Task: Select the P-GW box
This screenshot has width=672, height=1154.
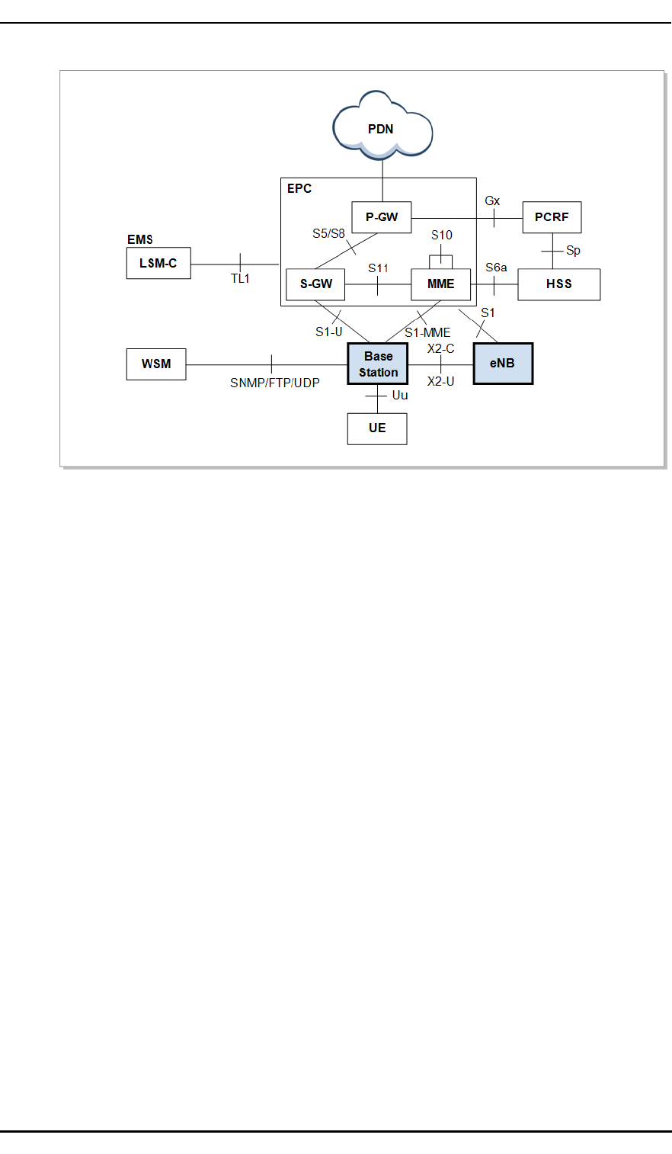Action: [382, 217]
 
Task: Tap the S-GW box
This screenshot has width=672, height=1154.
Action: [315, 284]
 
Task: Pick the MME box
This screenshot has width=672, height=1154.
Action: [440, 284]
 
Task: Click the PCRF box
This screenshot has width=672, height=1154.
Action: [552, 217]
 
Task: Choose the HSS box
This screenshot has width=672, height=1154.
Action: [558, 284]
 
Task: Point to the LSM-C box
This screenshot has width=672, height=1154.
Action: [158, 264]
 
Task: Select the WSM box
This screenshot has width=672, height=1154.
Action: [156, 364]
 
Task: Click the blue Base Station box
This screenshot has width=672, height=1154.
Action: [378, 364]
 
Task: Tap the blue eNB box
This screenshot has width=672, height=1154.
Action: [503, 364]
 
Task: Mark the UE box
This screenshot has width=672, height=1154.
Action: [377, 428]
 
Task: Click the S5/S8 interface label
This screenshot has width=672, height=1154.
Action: [328, 234]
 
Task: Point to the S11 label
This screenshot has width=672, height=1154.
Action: [379, 268]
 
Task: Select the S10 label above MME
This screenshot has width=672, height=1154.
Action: [442, 236]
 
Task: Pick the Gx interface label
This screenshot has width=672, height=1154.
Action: [493, 201]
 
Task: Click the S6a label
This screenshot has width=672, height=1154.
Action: [496, 268]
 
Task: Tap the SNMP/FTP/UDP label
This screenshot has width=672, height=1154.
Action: [275, 383]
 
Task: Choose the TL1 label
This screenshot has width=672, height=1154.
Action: [240, 279]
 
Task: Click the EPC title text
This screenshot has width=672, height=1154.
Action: [299, 188]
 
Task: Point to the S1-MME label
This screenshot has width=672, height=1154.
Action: [427, 332]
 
